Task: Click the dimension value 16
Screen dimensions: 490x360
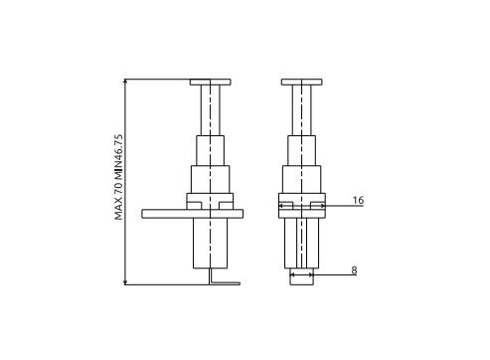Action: (x=358, y=200)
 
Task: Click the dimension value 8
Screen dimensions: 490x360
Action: (x=354, y=270)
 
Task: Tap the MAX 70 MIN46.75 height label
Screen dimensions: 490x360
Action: (x=118, y=177)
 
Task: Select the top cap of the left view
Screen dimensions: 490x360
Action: (x=211, y=83)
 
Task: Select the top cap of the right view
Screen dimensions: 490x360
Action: (x=302, y=83)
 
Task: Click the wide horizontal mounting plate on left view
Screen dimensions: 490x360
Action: (x=193, y=214)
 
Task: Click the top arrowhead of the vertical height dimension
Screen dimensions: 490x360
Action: (x=125, y=82)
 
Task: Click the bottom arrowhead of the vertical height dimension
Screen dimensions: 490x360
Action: (x=125, y=282)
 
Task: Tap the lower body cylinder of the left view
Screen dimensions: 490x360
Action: (x=211, y=243)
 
